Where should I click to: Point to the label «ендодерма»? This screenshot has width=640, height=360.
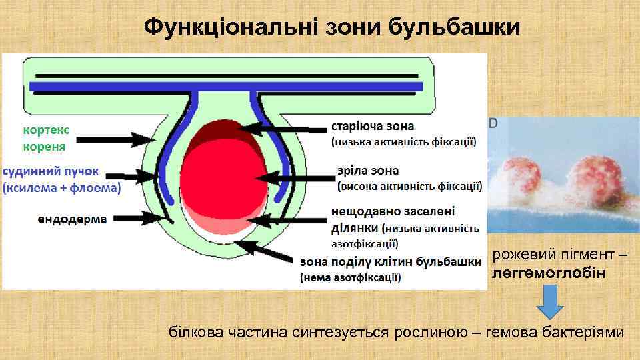(69, 219)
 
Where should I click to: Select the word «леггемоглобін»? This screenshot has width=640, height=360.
(549, 273)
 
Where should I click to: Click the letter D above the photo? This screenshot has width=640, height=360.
(493, 123)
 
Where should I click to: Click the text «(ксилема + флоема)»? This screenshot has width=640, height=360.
(62, 189)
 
